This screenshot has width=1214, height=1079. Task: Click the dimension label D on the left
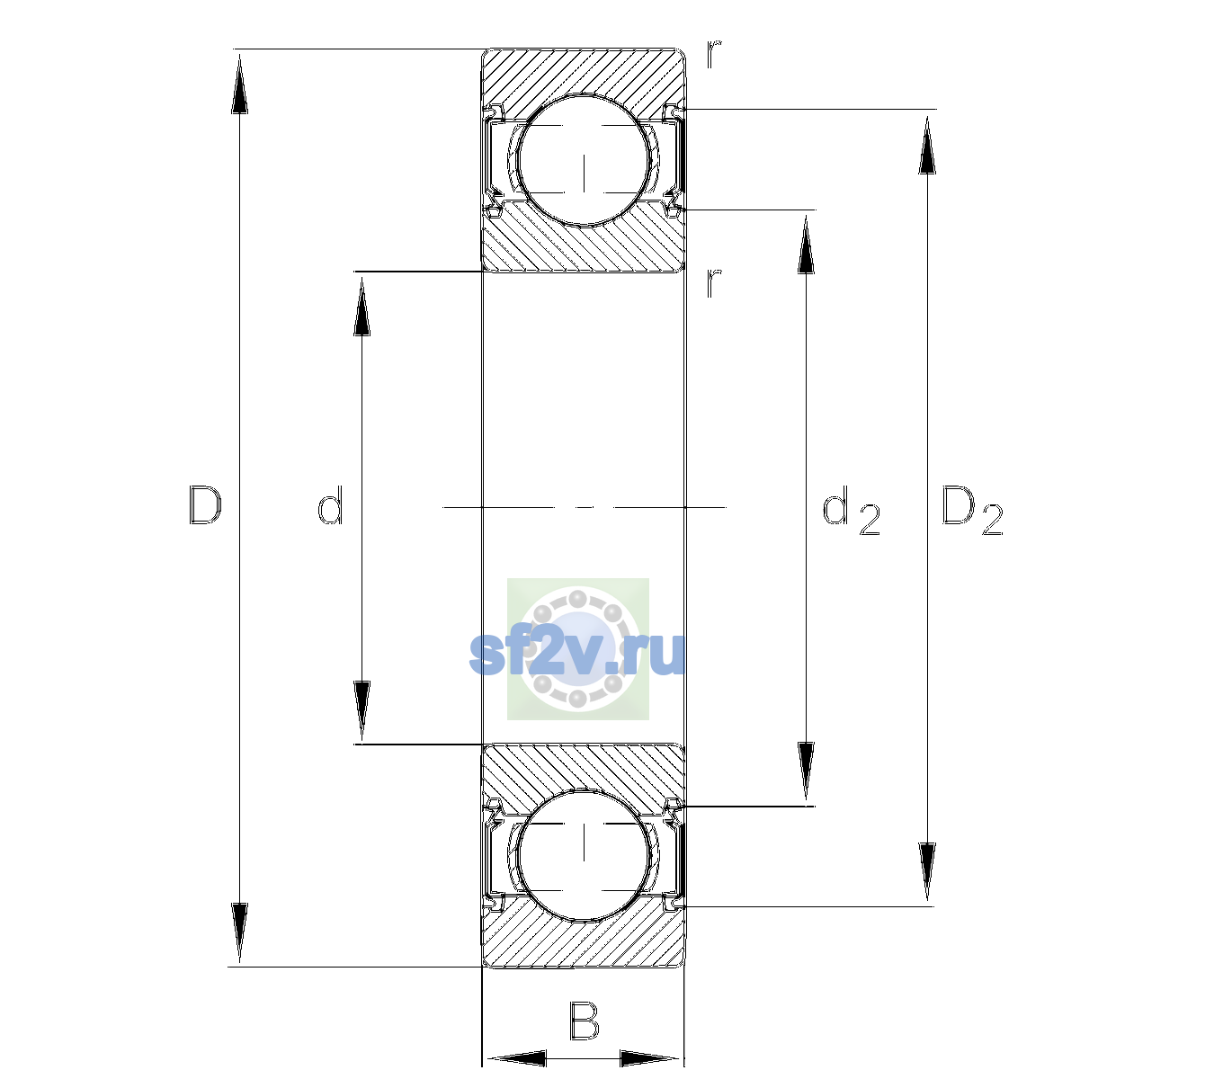click(x=205, y=505)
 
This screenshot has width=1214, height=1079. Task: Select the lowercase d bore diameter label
click(x=330, y=505)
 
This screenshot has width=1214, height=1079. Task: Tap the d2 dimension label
click(x=851, y=510)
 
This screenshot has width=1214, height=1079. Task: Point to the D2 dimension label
click(x=972, y=510)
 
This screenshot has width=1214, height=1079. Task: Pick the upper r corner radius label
click(x=714, y=54)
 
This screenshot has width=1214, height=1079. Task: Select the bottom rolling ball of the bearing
click(x=584, y=854)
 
